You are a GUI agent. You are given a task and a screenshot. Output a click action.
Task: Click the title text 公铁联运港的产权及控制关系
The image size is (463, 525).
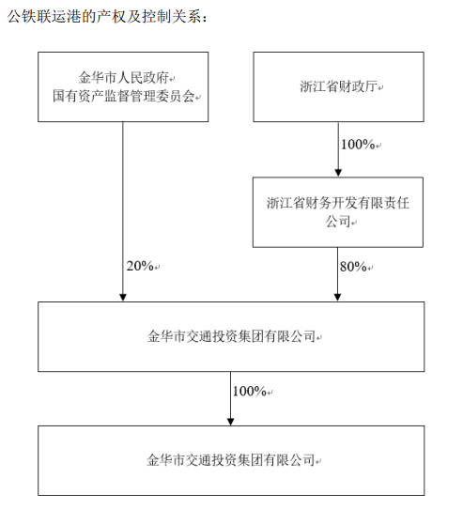pos(104,16)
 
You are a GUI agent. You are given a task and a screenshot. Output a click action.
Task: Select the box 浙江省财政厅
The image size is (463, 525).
pos(338,86)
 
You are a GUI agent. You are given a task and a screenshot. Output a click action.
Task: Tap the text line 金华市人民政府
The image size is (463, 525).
pos(124,78)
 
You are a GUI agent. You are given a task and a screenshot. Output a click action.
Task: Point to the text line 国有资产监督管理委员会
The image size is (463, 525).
pos(124,96)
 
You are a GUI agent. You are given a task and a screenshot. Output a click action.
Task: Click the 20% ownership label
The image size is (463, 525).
pos(140,266)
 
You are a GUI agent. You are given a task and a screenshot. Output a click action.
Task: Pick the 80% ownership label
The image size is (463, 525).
pos(353,267)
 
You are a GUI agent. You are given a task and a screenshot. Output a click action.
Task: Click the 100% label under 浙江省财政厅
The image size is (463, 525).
pos(358,145)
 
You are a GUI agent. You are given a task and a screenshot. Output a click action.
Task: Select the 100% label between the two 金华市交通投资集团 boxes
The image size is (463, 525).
pos(250,391)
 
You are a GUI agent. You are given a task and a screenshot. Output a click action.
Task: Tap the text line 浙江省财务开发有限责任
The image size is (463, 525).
pos(338,203)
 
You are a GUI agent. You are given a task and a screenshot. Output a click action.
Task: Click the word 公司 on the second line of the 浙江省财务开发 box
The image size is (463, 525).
pos(338,222)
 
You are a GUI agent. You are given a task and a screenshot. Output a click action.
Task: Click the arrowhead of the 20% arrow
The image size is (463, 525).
pos(123,298)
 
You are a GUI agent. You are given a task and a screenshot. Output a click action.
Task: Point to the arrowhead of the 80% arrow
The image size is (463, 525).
pos(337,298)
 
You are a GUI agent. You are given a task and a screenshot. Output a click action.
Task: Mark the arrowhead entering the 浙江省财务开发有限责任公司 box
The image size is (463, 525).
pos(338,173)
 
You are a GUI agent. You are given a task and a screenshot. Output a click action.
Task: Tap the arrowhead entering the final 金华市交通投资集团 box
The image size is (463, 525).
pos(230,422)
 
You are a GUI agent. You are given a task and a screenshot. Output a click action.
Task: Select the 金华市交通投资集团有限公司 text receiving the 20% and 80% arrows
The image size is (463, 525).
pos(231,336)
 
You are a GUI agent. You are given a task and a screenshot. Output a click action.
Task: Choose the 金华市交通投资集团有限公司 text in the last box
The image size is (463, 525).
pos(231,460)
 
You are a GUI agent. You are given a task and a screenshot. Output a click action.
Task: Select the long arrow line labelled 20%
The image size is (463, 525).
pos(123,211)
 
